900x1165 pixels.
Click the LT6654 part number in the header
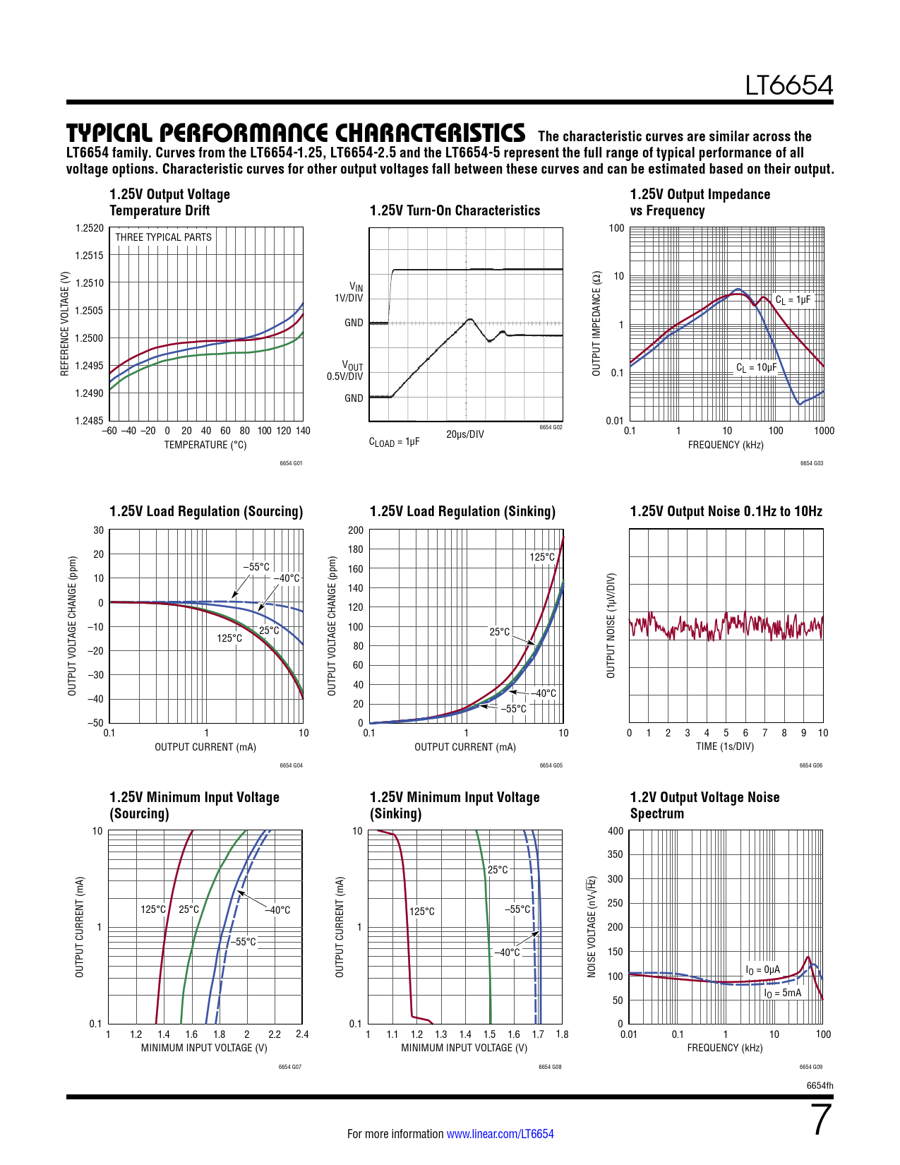click(x=788, y=85)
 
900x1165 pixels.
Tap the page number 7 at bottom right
click(x=822, y=1120)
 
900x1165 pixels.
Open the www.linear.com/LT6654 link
click(x=500, y=1134)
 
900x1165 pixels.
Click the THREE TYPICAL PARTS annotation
click(x=163, y=237)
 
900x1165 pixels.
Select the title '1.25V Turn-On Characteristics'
click(x=455, y=210)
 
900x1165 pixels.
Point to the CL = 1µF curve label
click(x=793, y=299)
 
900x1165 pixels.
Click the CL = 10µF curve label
click(x=756, y=367)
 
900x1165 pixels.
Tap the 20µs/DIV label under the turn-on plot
click(x=465, y=434)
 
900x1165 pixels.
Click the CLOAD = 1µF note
click(x=394, y=442)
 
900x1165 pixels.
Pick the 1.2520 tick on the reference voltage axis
click(x=90, y=228)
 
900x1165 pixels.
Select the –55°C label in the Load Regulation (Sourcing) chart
click(x=256, y=567)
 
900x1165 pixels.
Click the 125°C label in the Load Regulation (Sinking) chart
click(x=542, y=557)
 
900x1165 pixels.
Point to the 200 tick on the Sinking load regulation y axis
click(x=356, y=530)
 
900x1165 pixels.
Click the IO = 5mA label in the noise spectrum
click(x=783, y=993)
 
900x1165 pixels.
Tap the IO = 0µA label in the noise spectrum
click(x=763, y=970)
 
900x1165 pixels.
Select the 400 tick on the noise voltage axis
click(x=616, y=831)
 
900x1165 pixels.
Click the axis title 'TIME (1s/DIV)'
click(x=725, y=746)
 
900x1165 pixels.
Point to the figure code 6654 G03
click(x=811, y=463)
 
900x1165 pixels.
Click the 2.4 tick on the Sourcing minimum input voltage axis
click(x=302, y=1034)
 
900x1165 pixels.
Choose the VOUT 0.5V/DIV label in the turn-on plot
click(x=346, y=371)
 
